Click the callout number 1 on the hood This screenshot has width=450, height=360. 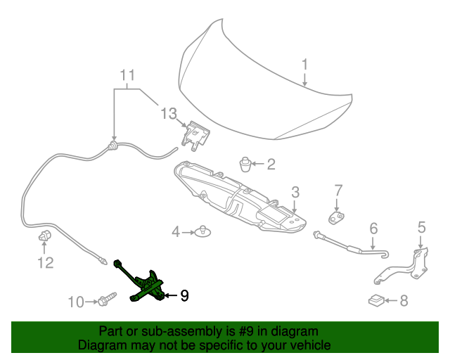point(305,65)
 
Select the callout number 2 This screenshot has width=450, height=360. point(271,165)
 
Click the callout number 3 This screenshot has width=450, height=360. point(296,191)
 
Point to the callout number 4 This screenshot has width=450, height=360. point(176,231)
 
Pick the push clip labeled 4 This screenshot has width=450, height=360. point(203,230)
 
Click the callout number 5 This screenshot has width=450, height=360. point(421,226)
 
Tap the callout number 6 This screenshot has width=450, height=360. point(373,228)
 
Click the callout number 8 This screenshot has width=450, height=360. point(404,301)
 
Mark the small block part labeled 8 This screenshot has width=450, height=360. point(376,301)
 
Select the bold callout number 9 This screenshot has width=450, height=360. point(184,296)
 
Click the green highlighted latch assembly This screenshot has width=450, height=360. point(149,287)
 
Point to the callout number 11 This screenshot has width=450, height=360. point(127,75)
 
